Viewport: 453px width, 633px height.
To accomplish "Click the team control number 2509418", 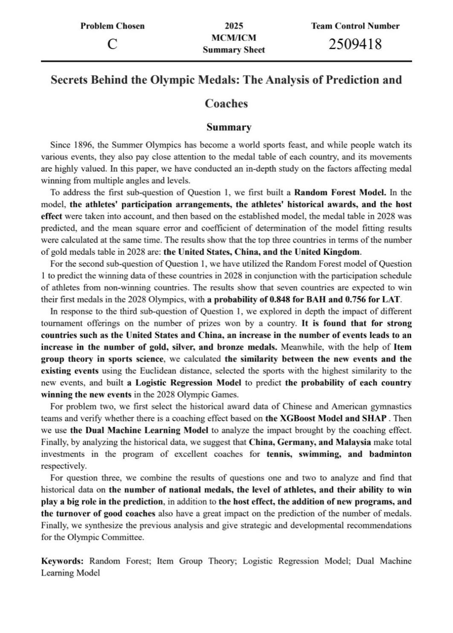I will point(355,44).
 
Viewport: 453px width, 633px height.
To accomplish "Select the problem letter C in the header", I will point(112,44).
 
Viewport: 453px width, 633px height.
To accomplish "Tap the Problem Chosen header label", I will point(113,26).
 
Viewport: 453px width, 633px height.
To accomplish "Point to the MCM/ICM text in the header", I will point(234,38).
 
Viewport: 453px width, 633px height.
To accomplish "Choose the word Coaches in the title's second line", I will point(226,104).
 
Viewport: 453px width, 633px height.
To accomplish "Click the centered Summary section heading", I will point(229,127).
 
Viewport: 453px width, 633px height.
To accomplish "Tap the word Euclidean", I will point(213,371).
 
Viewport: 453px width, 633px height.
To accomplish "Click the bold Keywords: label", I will point(62,561).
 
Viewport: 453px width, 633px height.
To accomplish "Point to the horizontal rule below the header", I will point(226,61).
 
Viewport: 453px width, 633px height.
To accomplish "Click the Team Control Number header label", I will point(355,26).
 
